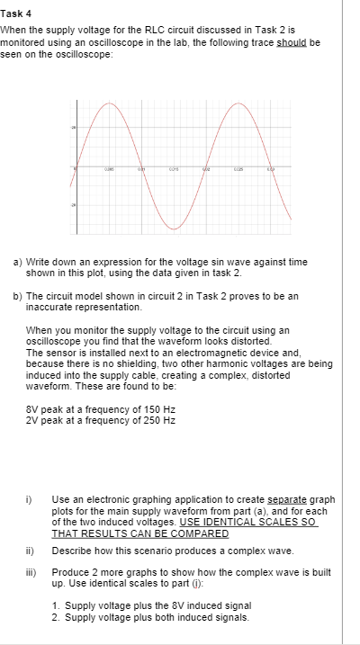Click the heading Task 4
[x=16, y=15]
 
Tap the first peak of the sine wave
[x=109, y=102]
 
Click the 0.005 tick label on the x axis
[x=108, y=168]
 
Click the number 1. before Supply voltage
[x=80, y=605]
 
